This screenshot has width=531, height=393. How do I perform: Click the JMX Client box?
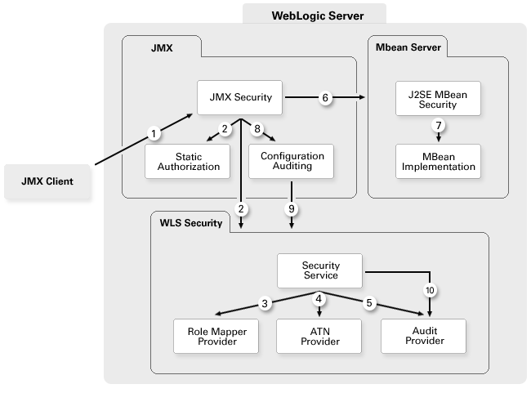click(47, 181)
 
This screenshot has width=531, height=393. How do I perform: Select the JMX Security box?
click(239, 97)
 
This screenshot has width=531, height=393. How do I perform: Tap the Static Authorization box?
click(188, 161)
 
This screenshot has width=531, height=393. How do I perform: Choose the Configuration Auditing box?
click(292, 161)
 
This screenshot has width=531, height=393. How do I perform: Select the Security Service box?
click(320, 271)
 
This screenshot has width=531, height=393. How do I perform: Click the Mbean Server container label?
click(406, 47)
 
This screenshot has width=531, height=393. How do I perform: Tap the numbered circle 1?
click(151, 132)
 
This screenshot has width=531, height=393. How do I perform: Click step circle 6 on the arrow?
click(325, 98)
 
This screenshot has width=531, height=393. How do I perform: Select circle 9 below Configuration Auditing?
click(292, 209)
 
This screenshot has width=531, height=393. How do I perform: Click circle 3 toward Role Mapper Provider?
click(265, 304)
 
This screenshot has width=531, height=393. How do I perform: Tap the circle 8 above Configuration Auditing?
click(257, 128)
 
